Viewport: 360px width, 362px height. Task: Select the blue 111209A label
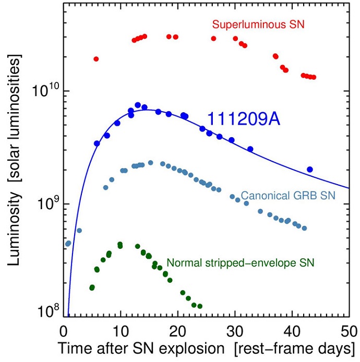point(244,119)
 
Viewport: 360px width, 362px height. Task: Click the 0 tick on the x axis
point(64,331)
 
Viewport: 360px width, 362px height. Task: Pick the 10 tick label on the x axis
point(121,331)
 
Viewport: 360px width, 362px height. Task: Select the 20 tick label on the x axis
point(178,331)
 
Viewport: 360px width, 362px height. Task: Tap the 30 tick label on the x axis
point(235,331)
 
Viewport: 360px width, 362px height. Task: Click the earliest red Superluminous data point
point(96,59)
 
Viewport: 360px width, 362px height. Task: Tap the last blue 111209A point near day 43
point(309,169)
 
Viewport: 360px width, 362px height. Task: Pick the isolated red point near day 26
point(213,39)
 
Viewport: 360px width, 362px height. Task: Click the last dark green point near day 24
point(200,306)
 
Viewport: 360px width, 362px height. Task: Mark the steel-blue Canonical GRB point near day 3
point(79,230)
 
